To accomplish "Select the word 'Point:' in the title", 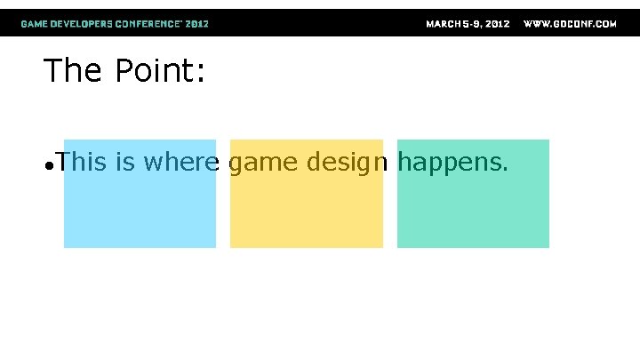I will (x=160, y=71).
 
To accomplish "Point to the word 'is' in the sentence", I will (x=125, y=162).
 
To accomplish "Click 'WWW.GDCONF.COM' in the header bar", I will (x=570, y=24).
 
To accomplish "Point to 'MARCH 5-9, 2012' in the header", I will (x=468, y=24).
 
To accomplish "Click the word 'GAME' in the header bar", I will (x=35, y=24).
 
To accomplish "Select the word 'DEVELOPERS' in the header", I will (x=83, y=24).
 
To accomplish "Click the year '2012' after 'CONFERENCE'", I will (x=197, y=24).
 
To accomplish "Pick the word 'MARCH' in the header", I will (x=443, y=24).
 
